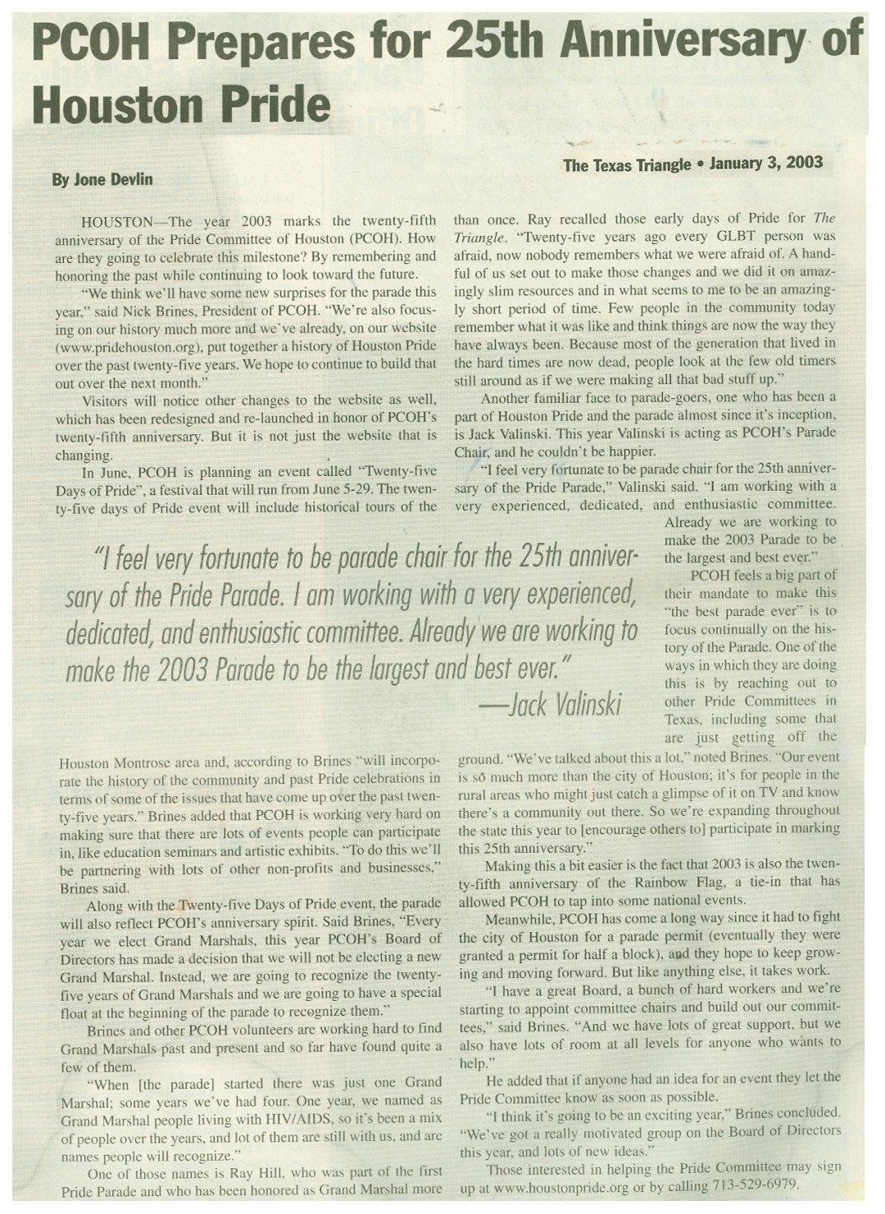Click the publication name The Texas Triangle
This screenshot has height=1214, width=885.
tap(627, 165)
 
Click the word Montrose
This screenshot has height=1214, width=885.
tap(140, 762)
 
